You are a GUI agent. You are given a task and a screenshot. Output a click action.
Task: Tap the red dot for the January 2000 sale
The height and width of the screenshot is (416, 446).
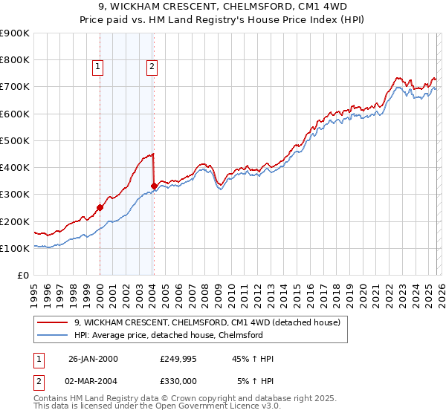point(100,208)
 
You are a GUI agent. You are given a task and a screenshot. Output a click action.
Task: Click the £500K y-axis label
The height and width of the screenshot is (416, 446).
point(15,141)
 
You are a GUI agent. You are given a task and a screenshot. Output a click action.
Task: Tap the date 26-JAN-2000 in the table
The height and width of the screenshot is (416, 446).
point(93,359)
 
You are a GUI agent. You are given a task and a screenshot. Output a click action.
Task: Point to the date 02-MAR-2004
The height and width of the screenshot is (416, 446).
point(93,381)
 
